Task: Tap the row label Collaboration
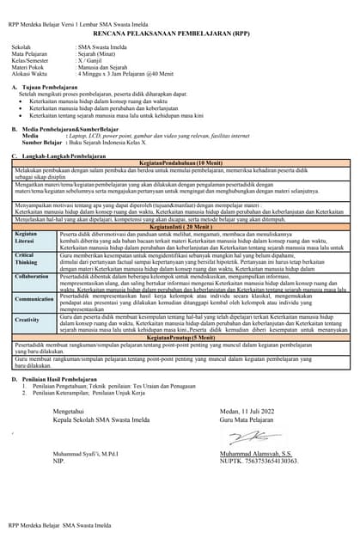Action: pyautogui.click(x=33, y=277)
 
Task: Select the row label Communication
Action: pyautogui.click(x=34, y=299)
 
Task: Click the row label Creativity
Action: pyautogui.click(x=27, y=319)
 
